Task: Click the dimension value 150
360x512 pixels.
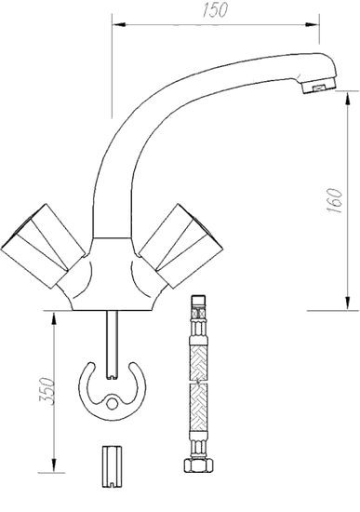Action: click(x=219, y=9)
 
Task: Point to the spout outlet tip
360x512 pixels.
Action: click(x=317, y=88)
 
